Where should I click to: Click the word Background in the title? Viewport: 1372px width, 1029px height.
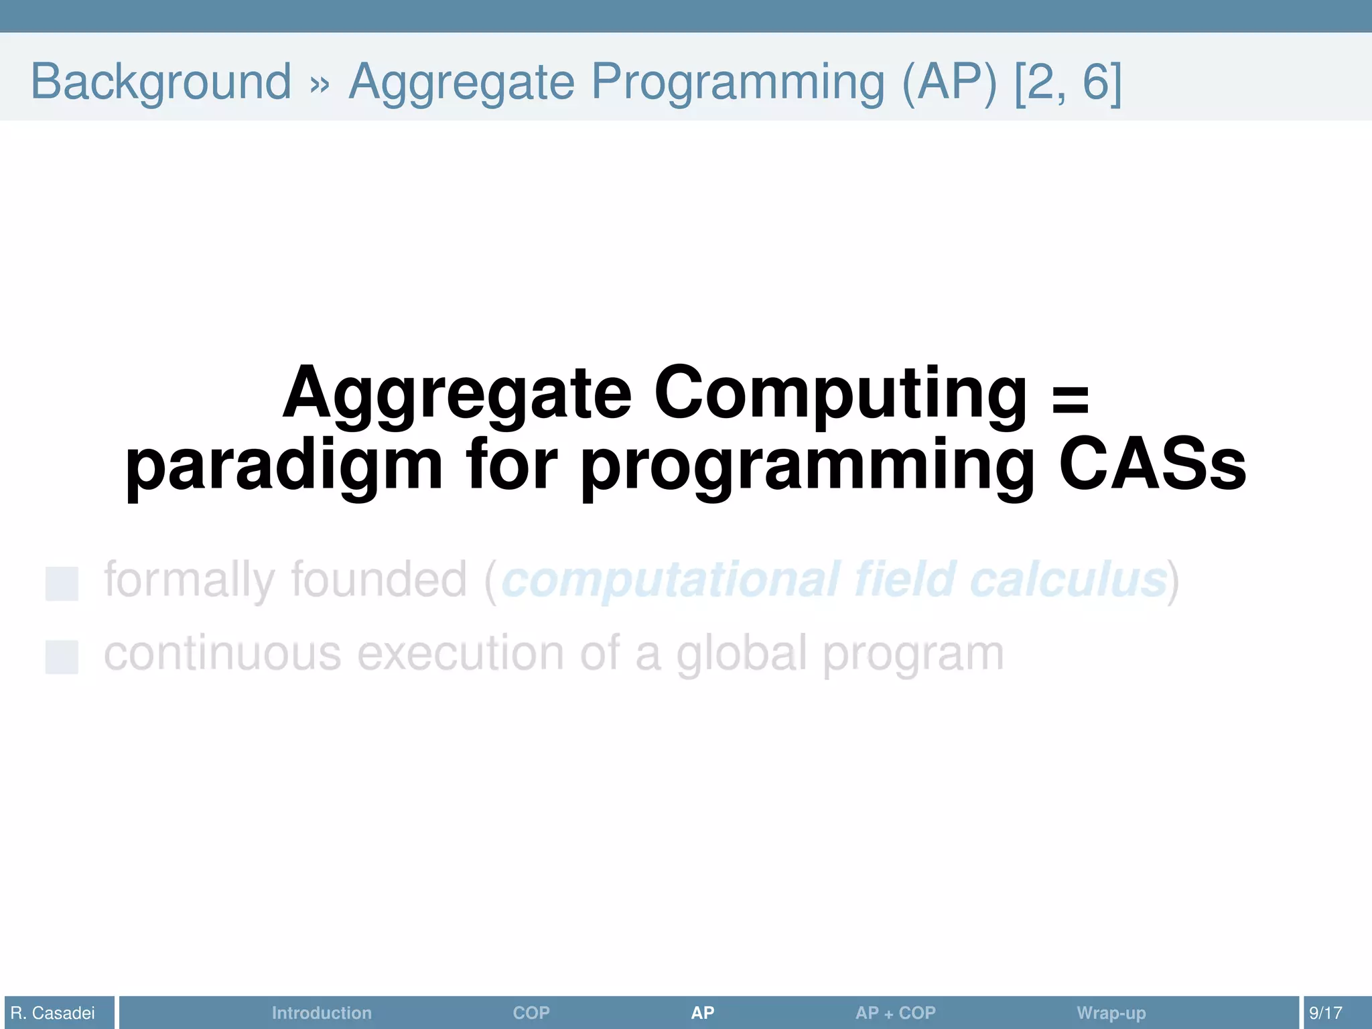click(x=161, y=82)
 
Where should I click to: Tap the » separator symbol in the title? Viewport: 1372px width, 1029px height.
click(x=320, y=84)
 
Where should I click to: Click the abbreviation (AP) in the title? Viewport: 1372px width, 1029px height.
click(x=949, y=82)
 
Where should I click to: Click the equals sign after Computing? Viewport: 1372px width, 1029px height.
click(x=1071, y=397)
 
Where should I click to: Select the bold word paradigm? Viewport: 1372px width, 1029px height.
click(x=284, y=466)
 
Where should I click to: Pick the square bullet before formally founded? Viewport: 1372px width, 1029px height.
click(x=62, y=583)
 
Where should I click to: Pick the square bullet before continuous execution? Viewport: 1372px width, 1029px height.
click(x=62, y=657)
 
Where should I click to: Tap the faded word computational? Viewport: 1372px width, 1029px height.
click(x=670, y=580)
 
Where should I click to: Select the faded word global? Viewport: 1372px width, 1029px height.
click(x=741, y=654)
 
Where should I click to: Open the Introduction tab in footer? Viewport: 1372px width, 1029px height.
click(x=322, y=1013)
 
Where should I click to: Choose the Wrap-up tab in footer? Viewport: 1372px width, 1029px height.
click(x=1111, y=1013)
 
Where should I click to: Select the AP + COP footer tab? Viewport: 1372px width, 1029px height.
click(x=895, y=1013)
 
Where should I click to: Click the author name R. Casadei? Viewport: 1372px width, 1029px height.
click(x=53, y=1013)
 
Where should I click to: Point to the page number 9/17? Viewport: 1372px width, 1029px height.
click(x=1325, y=1013)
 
